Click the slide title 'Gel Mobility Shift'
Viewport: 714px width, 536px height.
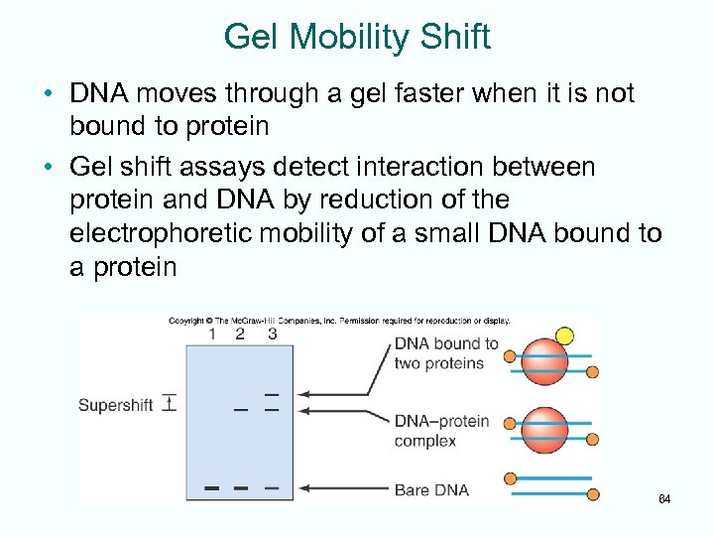(357, 37)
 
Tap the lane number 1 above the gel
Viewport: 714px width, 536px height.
(211, 335)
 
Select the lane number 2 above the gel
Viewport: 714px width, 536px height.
(240, 335)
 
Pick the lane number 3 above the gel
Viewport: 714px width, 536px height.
(272, 335)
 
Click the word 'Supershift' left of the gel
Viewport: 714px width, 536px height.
(115, 405)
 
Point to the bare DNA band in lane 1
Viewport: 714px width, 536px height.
(211, 488)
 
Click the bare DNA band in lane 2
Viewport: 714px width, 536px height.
(240, 488)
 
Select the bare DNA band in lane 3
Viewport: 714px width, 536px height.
(272, 488)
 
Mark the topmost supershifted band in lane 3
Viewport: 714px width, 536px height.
(272, 394)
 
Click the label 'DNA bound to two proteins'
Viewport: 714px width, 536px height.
(445, 353)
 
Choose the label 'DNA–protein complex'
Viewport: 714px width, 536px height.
(441, 431)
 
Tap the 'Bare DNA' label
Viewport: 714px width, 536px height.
(431, 489)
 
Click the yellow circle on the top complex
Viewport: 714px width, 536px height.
(564, 335)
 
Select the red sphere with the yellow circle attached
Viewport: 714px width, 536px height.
(545, 362)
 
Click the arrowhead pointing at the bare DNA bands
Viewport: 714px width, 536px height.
(304, 488)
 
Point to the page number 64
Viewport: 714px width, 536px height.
(664, 498)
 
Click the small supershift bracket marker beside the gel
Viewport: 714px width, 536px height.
(170, 403)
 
